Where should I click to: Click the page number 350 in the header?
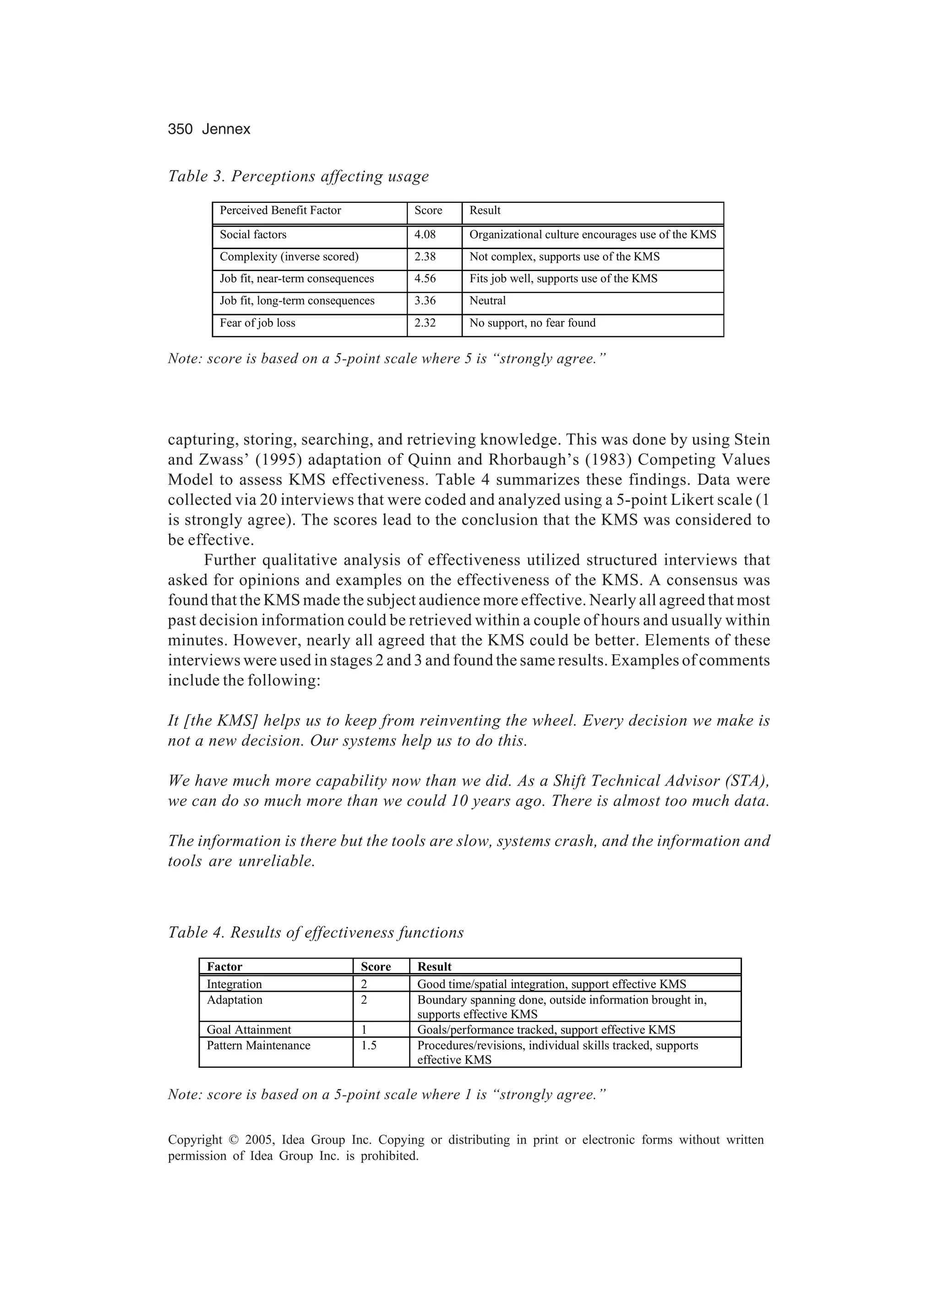[x=180, y=130]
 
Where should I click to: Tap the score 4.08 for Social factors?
[x=425, y=235]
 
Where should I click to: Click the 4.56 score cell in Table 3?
[x=425, y=279]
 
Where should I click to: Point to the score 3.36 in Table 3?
[x=425, y=301]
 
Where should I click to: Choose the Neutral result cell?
[x=488, y=301]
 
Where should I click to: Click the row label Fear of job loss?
[x=257, y=323]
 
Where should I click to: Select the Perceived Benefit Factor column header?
[x=280, y=211]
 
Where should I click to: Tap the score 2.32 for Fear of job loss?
[x=425, y=323]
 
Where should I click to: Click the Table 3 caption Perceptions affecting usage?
[x=298, y=176]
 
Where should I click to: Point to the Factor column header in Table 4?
[x=224, y=967]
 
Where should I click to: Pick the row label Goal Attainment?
[x=249, y=1030]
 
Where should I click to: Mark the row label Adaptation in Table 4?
[x=234, y=1000]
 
